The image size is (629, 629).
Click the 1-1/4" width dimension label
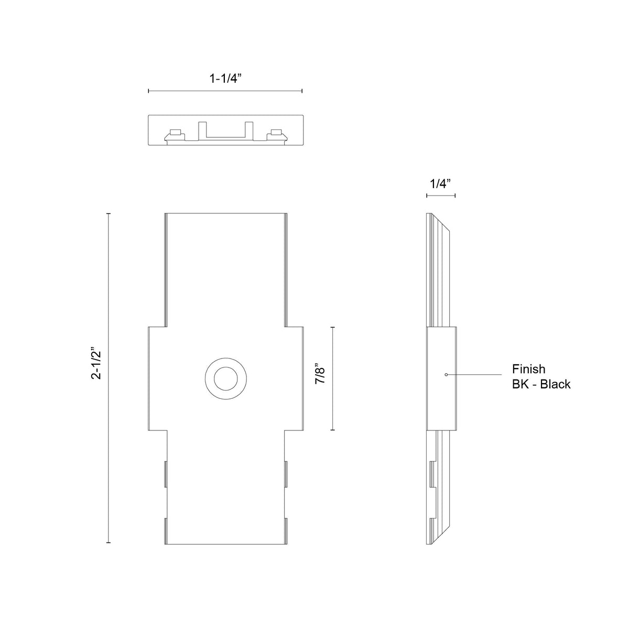coord(225,78)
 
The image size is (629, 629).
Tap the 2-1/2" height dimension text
coord(96,365)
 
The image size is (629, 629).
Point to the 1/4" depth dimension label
coord(440,184)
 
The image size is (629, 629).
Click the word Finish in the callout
coord(528,369)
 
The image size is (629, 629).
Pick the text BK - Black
coord(541,384)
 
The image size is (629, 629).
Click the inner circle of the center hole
coord(225,378)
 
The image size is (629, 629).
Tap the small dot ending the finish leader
coord(446,374)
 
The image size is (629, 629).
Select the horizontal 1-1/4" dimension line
coord(225,91)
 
